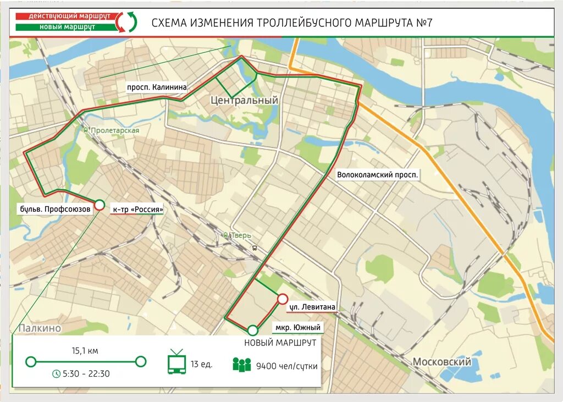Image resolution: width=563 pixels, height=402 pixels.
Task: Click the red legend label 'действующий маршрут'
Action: pyautogui.click(x=65, y=16)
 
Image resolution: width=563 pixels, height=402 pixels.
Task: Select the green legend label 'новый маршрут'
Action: pyautogui.click(x=65, y=26)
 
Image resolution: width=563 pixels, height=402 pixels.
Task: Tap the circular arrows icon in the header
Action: pyautogui.click(x=129, y=22)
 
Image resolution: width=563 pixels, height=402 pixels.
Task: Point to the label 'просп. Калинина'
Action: pyautogui.click(x=157, y=87)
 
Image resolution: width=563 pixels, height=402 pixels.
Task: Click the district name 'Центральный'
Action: pyautogui.click(x=245, y=101)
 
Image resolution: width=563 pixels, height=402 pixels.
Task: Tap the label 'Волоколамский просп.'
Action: pyautogui.click(x=378, y=175)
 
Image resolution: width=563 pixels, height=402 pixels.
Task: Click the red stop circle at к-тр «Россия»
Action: pyautogui.click(x=100, y=205)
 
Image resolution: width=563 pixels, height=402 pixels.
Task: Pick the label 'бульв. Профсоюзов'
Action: pyautogui.click(x=55, y=209)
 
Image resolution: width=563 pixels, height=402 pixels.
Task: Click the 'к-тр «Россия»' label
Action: pyautogui.click(x=137, y=210)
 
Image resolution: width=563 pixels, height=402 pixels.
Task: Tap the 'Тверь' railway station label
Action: pyautogui.click(x=240, y=235)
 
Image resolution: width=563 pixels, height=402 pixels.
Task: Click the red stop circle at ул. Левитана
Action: pyautogui.click(x=282, y=299)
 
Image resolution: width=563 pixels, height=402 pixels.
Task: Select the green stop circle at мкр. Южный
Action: pyautogui.click(x=252, y=331)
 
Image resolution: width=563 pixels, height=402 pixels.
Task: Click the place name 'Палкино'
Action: pyautogui.click(x=39, y=328)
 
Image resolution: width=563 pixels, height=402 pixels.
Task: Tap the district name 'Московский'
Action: pyautogui.click(x=441, y=362)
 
